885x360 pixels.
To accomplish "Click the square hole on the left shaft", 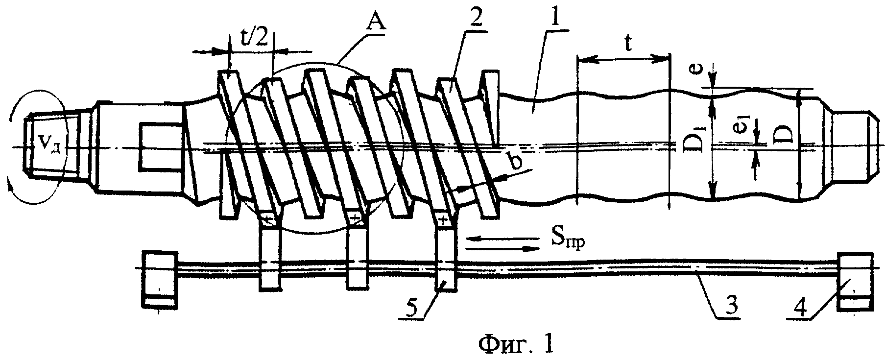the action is coord(161,147).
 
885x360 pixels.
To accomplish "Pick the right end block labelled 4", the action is coord(854,281).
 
